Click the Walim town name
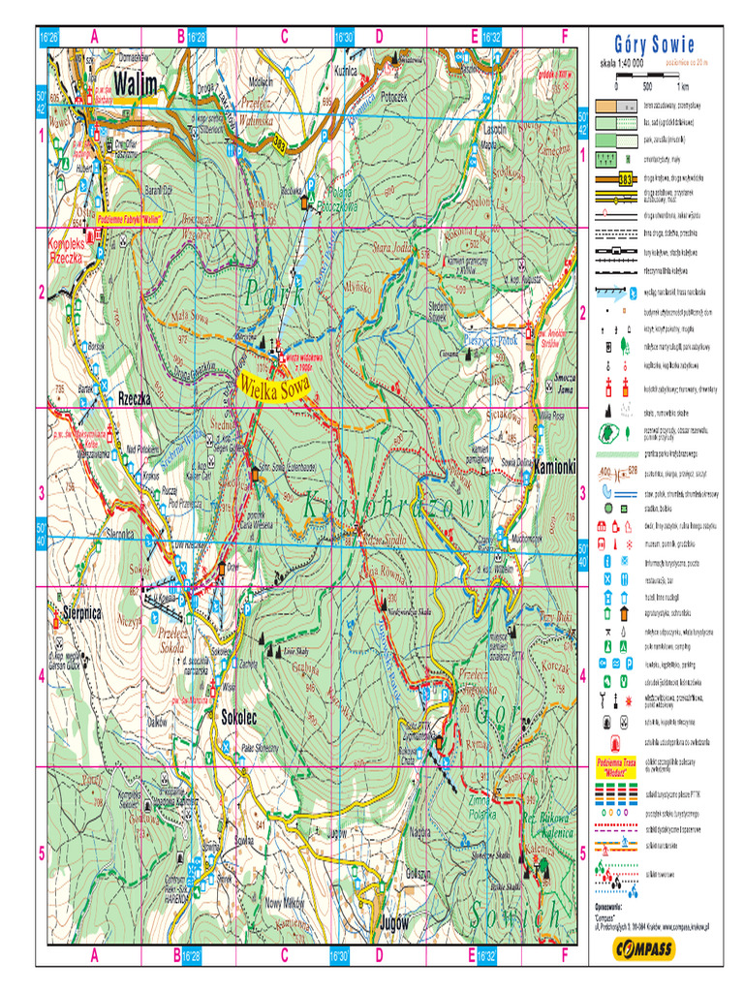(134, 82)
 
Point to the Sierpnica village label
(76, 612)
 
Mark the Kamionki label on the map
(555, 466)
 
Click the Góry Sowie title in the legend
(654, 45)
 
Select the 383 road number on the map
(279, 144)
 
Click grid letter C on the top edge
(285, 36)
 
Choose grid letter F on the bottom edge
(564, 955)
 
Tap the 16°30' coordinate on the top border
(343, 36)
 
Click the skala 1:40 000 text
(623, 63)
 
